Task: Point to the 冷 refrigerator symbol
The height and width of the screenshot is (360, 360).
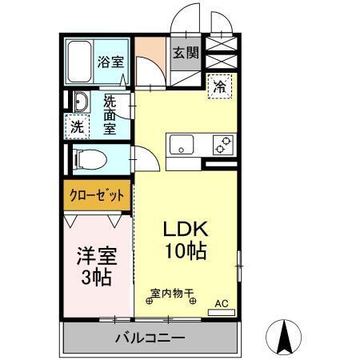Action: (218, 87)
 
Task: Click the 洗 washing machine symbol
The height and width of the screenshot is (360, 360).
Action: (77, 126)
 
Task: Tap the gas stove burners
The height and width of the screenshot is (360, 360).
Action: (222, 146)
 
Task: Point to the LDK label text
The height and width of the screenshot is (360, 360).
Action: (186, 227)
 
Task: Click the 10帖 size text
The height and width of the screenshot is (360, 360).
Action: (186, 250)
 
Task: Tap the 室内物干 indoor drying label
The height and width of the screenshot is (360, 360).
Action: (173, 294)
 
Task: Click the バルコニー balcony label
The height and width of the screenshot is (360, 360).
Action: (149, 338)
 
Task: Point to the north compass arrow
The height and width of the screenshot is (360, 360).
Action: (282, 336)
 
